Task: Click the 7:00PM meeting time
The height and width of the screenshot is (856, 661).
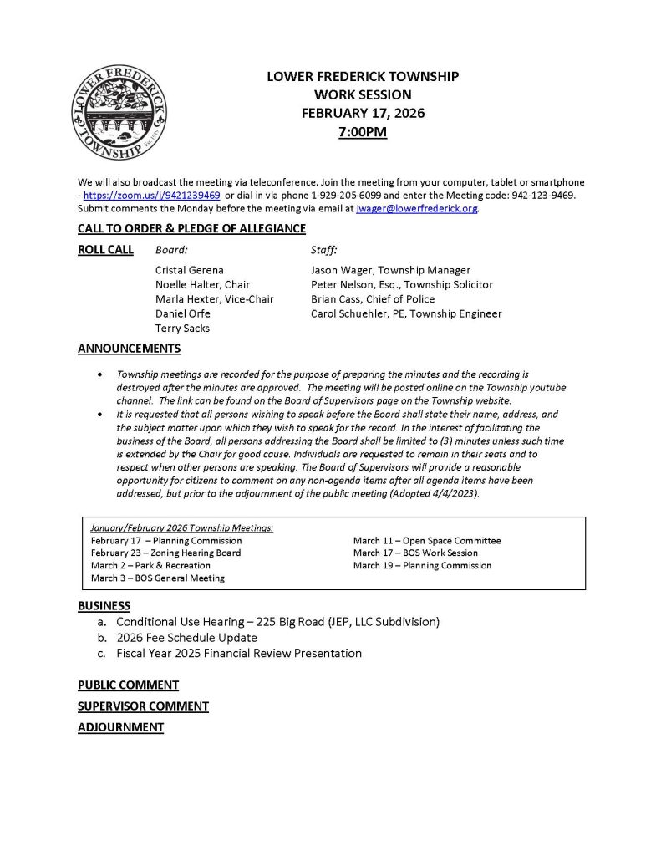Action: pos(363,131)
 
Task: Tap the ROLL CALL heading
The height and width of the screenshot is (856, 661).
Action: pos(105,249)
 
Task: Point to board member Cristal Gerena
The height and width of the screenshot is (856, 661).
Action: pos(189,270)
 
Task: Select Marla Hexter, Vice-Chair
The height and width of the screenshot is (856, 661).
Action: pos(214,299)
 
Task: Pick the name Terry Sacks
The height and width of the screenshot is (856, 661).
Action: pos(182,329)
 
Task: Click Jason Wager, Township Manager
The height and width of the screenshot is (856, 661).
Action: pos(390,270)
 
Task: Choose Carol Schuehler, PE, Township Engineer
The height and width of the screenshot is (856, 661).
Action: pos(406,313)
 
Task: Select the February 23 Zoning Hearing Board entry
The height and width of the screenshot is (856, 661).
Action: pos(165,553)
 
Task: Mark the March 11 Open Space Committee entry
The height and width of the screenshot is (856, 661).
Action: pos(427,540)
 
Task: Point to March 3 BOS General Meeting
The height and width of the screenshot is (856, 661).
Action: pos(157,578)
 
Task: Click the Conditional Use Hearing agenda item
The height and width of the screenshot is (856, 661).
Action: pos(277,622)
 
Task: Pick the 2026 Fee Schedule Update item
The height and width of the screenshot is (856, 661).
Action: pos(186,638)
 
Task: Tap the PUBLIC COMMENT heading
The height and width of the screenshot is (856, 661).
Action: pos(128,685)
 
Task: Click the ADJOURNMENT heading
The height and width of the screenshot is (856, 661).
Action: pos(120,727)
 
